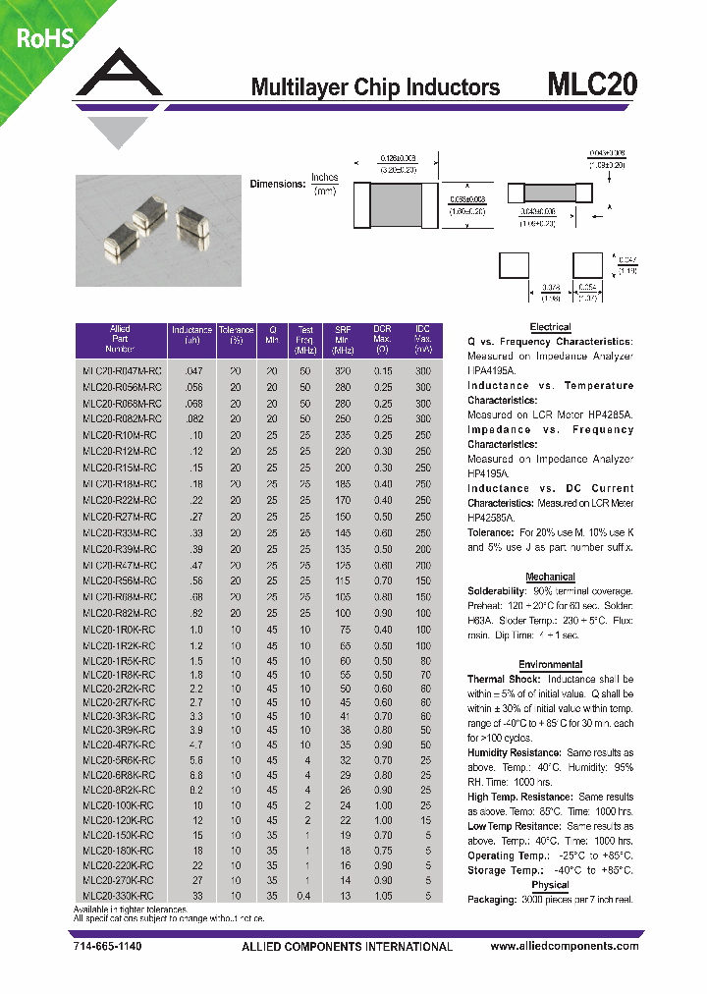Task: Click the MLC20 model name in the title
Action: (591, 85)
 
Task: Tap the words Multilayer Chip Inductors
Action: (375, 87)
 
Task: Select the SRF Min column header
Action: (343, 340)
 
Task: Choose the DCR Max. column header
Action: (383, 340)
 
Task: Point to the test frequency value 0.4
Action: (306, 897)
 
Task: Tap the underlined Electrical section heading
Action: (550, 327)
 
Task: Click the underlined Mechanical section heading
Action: (550, 577)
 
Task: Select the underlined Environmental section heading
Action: (550, 665)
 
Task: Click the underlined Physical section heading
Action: (550, 885)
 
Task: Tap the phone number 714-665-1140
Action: (108, 947)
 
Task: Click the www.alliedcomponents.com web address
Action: (564, 947)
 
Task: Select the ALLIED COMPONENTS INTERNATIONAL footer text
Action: (347, 947)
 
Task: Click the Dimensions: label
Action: (278, 184)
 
